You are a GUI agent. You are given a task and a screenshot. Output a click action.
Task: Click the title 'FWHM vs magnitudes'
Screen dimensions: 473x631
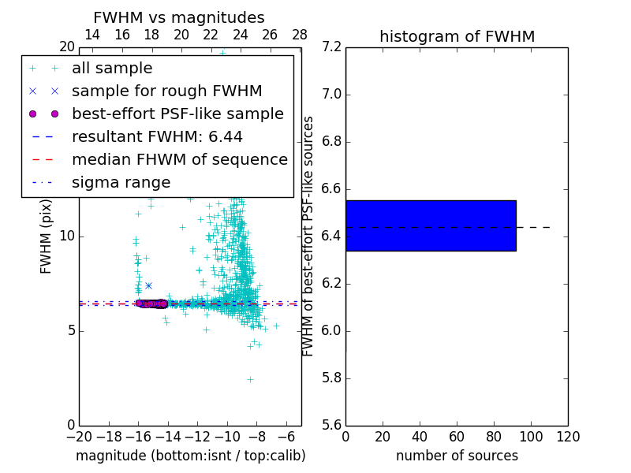pos(179,17)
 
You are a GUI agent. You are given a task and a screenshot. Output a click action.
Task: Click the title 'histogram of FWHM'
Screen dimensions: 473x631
pos(457,36)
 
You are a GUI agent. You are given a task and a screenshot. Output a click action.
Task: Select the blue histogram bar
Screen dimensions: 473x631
pos(431,225)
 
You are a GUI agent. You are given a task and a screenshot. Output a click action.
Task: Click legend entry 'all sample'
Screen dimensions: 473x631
pos(112,69)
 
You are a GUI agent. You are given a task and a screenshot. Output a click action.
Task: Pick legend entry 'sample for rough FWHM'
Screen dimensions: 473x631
pos(166,91)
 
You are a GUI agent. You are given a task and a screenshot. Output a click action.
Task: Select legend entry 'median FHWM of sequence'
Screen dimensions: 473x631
pos(179,159)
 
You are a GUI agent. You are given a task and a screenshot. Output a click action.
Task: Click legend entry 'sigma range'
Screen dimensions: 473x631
pos(121,182)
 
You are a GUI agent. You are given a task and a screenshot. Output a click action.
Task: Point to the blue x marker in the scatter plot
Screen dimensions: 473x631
pos(148,285)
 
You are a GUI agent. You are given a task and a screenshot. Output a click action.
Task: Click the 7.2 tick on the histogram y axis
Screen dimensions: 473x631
pos(331,47)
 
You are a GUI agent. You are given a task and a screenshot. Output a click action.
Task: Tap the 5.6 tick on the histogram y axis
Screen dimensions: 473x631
pos(331,425)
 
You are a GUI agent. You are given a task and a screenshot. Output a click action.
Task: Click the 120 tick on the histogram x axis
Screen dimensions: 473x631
pos(568,436)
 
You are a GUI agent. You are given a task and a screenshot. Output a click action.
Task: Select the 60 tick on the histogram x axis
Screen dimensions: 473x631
pos(457,436)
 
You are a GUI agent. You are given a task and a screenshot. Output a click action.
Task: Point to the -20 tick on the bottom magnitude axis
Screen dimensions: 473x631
pos(79,436)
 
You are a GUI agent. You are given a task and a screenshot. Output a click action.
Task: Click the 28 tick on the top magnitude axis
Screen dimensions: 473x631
pos(300,35)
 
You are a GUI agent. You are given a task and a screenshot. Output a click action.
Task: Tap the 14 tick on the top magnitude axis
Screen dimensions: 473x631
pos(91,35)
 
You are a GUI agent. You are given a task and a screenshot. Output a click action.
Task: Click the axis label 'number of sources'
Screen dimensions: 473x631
pos(457,456)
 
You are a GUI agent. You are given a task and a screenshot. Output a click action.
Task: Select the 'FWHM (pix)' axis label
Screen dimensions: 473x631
pos(47,236)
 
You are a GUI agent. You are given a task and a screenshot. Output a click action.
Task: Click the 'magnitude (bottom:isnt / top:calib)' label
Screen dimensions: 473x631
pos(190,456)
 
